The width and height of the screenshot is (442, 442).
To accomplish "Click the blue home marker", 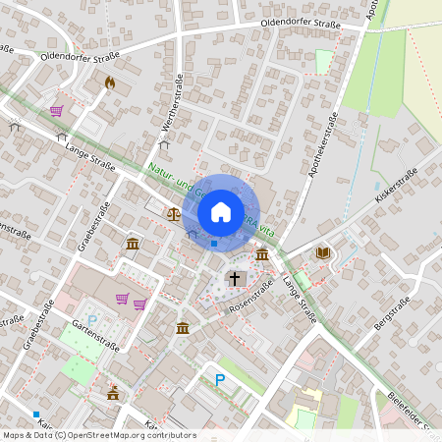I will point(221,211).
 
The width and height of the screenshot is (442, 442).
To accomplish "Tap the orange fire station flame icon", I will point(109,83).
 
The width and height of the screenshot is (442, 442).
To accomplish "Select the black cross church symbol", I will point(235,279).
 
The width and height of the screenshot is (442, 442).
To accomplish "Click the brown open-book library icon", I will point(322,253).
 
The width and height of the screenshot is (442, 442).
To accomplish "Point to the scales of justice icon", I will point(174,212).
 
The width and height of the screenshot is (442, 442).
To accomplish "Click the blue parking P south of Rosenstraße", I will point(220,379).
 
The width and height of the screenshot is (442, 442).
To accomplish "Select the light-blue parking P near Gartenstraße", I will point(93,320).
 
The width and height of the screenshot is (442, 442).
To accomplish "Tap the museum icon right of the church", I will point(261,255).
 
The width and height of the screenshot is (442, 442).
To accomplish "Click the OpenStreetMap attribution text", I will point(98,435).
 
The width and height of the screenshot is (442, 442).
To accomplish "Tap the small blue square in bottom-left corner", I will point(36,414).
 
